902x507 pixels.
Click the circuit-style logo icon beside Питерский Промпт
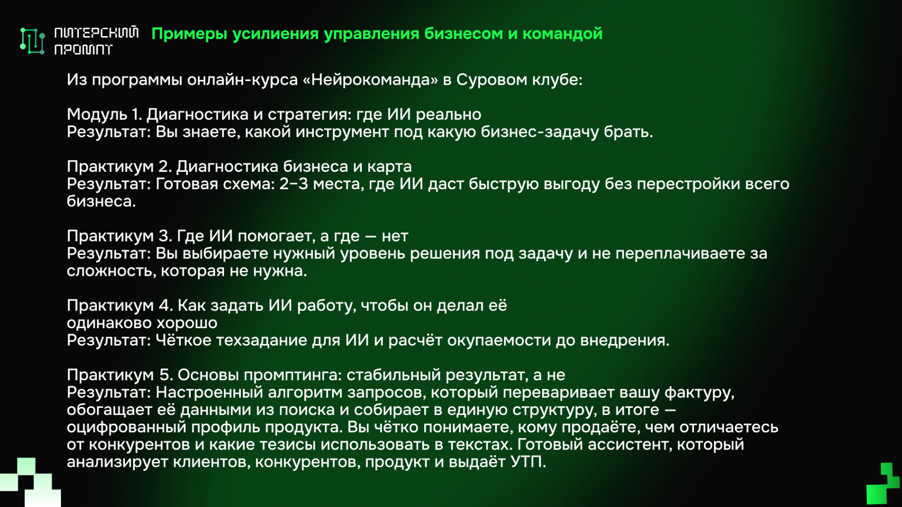click(x=33, y=41)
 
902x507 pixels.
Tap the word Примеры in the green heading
click(x=189, y=34)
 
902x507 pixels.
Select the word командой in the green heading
click(x=563, y=34)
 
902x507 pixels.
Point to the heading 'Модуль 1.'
click(x=105, y=115)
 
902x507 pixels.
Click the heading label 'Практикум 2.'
click(x=119, y=167)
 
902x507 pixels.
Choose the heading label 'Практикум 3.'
click(x=119, y=236)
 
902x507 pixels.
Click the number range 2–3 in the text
click(x=294, y=184)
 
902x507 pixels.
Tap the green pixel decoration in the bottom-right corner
click(x=883, y=484)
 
